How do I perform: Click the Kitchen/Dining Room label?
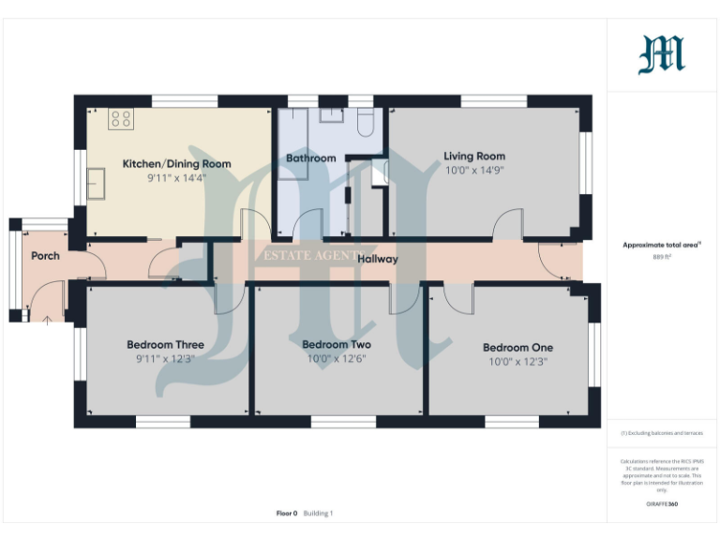pyautogui.click(x=176, y=164)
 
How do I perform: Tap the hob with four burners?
pyautogui.click(x=121, y=118)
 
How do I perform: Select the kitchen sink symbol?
pyautogui.click(x=97, y=184)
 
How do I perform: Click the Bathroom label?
pyautogui.click(x=310, y=158)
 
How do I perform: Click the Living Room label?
pyautogui.click(x=474, y=157)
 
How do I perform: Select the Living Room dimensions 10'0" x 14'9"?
pyautogui.click(x=474, y=171)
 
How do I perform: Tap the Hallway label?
pyautogui.click(x=377, y=259)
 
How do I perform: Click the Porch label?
pyautogui.click(x=45, y=256)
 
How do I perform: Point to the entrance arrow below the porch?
pyautogui.click(x=47, y=321)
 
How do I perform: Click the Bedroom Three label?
pyautogui.click(x=165, y=345)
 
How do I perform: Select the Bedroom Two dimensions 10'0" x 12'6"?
pyautogui.click(x=336, y=358)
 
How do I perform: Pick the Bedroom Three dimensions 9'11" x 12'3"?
pyautogui.click(x=165, y=358)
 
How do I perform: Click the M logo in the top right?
pyautogui.click(x=662, y=54)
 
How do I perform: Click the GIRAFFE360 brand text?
pyautogui.click(x=662, y=504)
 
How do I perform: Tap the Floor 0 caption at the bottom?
pyautogui.click(x=286, y=513)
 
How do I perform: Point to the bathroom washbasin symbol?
pyautogui.click(x=332, y=116)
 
